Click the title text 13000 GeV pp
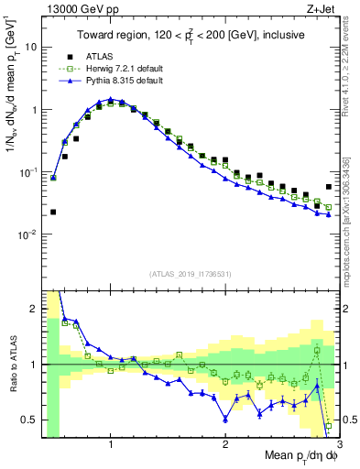tap(74, 9)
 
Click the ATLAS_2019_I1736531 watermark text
tap(189, 273)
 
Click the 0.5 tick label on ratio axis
tap(29, 420)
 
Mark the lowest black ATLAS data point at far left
tap(52, 212)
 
